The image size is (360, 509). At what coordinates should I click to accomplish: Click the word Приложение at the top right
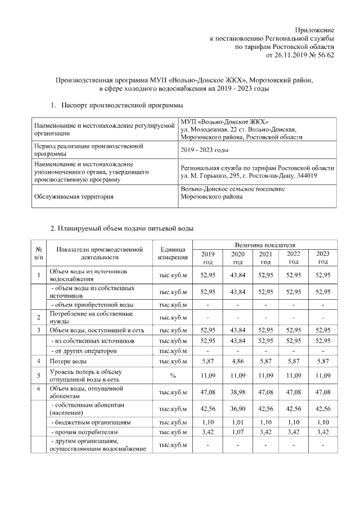coord(315,29)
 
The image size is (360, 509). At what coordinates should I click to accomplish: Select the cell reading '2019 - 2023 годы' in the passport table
coord(204,150)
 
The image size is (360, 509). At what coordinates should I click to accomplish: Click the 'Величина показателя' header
coord(265,245)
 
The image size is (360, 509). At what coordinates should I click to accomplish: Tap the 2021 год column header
coord(265,258)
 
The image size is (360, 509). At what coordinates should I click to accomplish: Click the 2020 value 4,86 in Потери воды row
coord(237,360)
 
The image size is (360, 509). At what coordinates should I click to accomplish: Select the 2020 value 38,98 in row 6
coord(237,391)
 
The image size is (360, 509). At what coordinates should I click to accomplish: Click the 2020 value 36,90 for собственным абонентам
coord(237,408)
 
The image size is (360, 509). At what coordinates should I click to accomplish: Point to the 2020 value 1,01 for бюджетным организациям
coord(237,422)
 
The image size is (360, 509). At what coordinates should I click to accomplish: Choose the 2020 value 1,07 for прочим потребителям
coord(237,432)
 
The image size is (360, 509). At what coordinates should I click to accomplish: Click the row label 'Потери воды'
coord(68,360)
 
